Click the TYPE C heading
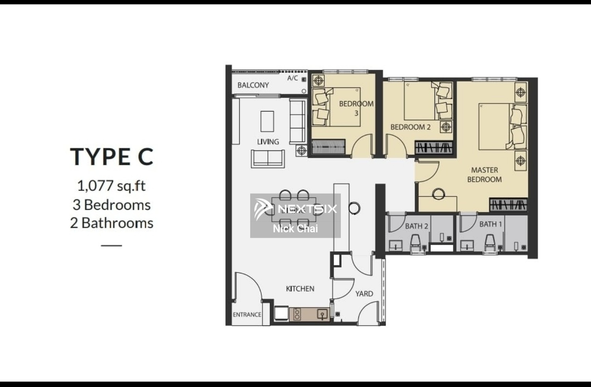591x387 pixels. point(112,157)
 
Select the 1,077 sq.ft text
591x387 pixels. point(112,185)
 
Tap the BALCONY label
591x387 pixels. point(253,85)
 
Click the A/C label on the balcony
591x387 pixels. point(292,78)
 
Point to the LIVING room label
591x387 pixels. point(268,142)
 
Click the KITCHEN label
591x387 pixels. point(300,289)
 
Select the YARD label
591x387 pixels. point(364,294)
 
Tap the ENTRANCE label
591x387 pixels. point(247,315)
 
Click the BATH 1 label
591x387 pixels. point(490,224)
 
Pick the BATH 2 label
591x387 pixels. point(416,226)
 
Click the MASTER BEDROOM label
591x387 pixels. point(484,175)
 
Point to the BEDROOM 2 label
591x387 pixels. point(410,127)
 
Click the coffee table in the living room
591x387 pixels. point(267,121)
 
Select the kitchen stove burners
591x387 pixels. point(297,314)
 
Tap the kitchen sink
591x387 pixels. point(322,314)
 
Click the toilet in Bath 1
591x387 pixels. point(489,242)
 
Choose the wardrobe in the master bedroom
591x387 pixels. point(508,205)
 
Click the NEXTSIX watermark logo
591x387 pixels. point(295,209)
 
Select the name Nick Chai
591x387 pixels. point(295,228)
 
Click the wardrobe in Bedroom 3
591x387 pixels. point(328,147)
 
